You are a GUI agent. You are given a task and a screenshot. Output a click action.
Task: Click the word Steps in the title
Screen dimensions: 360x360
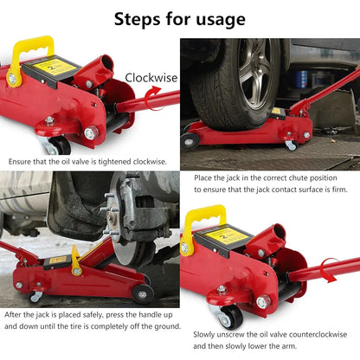tap(142, 18)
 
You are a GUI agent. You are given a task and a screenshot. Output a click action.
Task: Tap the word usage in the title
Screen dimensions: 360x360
tap(216, 18)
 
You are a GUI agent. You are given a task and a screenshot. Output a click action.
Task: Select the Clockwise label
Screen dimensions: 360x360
tap(151, 78)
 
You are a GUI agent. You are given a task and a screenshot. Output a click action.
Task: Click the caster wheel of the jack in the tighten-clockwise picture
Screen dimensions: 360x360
tap(58, 145)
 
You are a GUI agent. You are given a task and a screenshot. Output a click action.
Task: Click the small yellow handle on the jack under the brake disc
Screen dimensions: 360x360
tap(75, 256)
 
